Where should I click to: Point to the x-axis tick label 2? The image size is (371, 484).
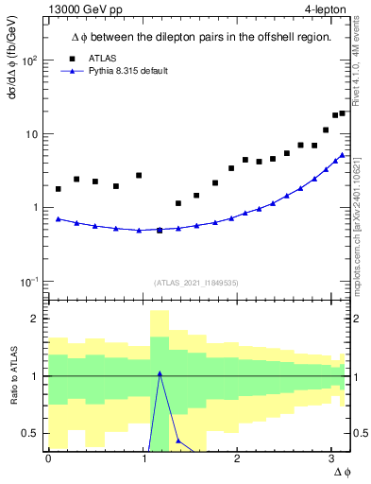click(237, 458)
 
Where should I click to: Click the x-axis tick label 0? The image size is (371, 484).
click(48, 458)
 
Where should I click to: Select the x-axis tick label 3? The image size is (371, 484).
click(331, 458)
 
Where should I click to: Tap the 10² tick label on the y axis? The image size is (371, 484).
click(29, 60)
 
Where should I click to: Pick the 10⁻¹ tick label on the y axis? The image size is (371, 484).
click(29, 281)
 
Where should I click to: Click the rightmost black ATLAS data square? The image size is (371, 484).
click(342, 113)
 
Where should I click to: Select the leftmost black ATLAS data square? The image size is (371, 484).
click(59, 189)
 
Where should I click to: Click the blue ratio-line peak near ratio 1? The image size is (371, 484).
click(160, 373)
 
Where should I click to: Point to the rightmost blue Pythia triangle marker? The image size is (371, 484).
click(342, 155)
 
